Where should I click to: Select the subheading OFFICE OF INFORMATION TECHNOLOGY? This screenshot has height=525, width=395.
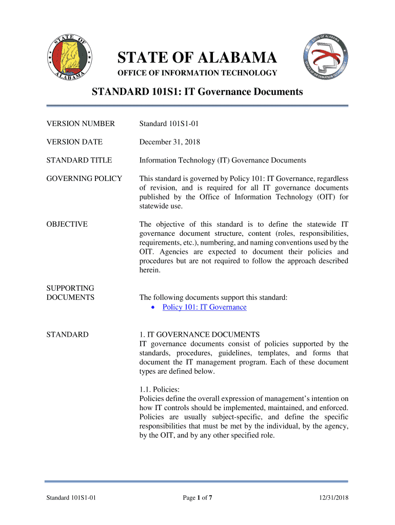pyautogui.click(x=197, y=73)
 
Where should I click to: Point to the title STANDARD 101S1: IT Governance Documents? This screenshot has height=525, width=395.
pyautogui.click(x=197, y=92)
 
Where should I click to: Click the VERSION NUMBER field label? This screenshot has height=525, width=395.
pyautogui.click(x=81, y=124)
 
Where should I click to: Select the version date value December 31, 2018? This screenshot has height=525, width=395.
pyautogui.click(x=169, y=142)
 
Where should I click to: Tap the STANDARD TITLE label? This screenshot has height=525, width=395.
pyautogui.click(x=79, y=160)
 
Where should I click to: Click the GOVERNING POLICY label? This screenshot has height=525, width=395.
pyautogui.click(x=84, y=178)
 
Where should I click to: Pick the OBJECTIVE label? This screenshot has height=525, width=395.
pyautogui.click(x=67, y=224)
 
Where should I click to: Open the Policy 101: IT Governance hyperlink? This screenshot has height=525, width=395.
pyautogui.click(x=204, y=307)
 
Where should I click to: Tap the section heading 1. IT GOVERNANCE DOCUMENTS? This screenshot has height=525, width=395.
pyautogui.click(x=196, y=335)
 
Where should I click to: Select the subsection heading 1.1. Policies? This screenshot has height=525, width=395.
pyautogui.click(x=159, y=390)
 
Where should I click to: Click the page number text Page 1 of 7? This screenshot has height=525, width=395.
pyautogui.click(x=197, y=497)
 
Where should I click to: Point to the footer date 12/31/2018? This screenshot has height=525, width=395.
pyautogui.click(x=331, y=497)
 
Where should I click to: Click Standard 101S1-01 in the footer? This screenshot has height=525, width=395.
pyautogui.click(x=71, y=497)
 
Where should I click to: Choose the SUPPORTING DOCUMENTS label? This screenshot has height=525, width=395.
pyautogui.click(x=70, y=293)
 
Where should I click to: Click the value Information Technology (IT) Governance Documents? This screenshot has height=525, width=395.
pyautogui.click(x=223, y=160)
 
